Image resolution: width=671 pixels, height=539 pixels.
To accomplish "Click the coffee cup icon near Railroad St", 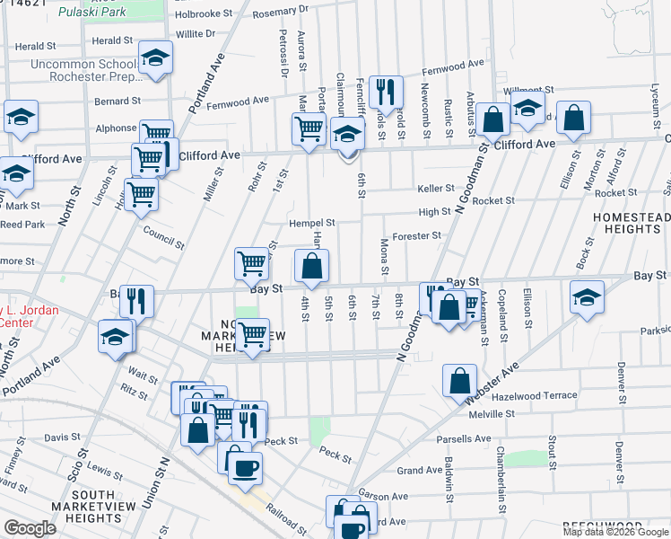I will (245, 466).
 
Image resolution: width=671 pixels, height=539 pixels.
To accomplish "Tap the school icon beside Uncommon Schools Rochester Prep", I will (155, 59).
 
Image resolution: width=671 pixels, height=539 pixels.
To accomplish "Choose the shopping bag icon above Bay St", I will (311, 267).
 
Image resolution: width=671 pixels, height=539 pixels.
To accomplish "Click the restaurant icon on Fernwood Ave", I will (386, 92).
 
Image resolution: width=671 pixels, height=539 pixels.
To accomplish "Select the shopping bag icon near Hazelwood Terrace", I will (459, 380).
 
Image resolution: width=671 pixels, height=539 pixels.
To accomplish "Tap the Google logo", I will (29, 528).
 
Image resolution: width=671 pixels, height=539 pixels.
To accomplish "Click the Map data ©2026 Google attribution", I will (615, 532).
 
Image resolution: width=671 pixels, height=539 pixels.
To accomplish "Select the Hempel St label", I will (311, 223).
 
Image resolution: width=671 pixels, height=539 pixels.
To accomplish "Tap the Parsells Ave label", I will (464, 439).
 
